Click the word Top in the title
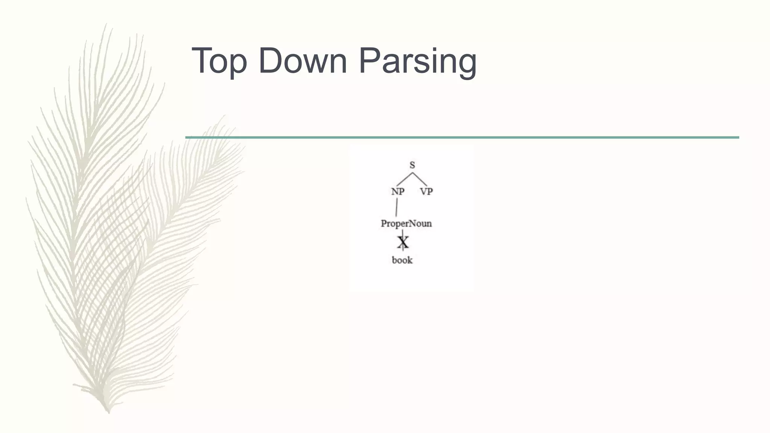[220, 61]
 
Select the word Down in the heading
[303, 61]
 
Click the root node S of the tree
[412, 165]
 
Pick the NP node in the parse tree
[398, 192]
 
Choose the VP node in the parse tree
[426, 192]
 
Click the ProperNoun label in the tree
[406, 224]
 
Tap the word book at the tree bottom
[402, 260]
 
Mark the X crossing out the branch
[403, 242]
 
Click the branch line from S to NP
[405, 179]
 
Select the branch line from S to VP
[420, 179]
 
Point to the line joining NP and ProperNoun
[397, 207]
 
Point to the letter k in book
[409, 260]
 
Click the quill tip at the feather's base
[108, 411]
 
